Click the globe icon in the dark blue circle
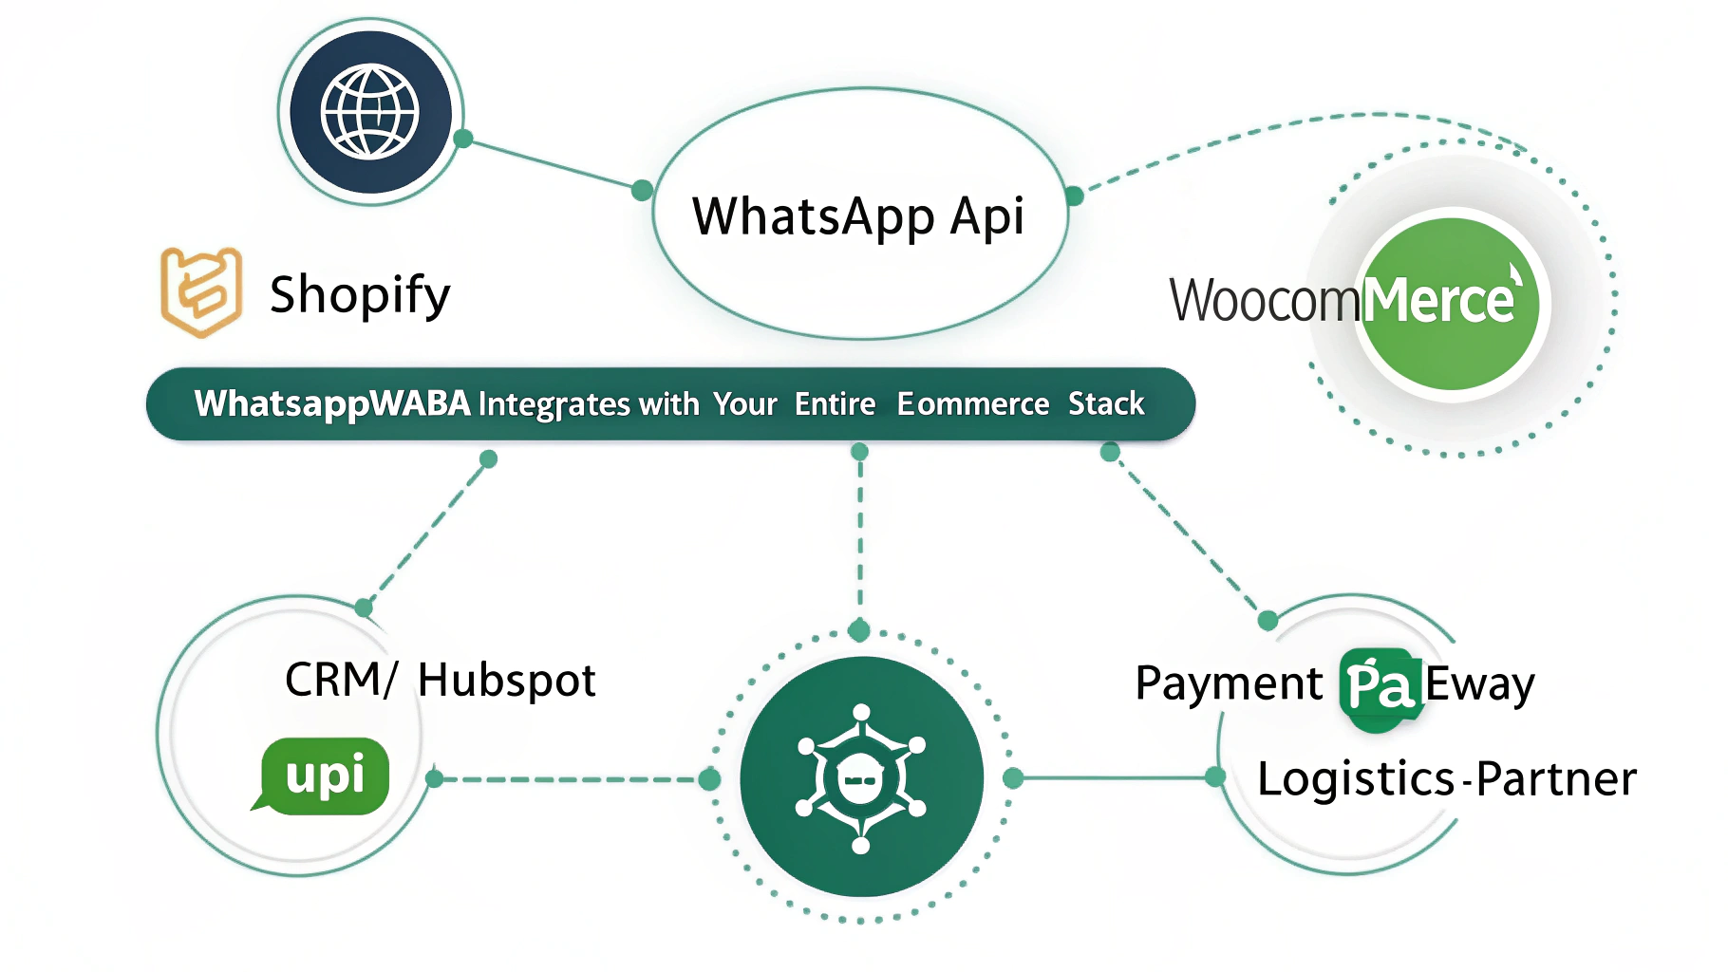[x=370, y=112]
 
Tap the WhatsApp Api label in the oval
[x=858, y=216]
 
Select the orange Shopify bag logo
[x=200, y=291]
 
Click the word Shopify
[x=360, y=294]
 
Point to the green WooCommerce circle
[x=1450, y=304]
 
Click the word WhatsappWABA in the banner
[x=332, y=403]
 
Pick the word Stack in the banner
[x=1106, y=403]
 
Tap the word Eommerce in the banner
[x=973, y=403]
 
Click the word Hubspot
[x=506, y=681]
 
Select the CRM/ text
[x=340, y=681]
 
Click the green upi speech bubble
[x=324, y=776]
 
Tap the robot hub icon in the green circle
[x=861, y=778]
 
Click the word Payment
[x=1229, y=683]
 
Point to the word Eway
[x=1479, y=684]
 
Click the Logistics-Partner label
[x=1446, y=779]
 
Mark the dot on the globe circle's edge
[x=463, y=139]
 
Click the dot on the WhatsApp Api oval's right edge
[x=1074, y=196]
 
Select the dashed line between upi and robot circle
[x=570, y=779]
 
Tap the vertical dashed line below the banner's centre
[x=860, y=536]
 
